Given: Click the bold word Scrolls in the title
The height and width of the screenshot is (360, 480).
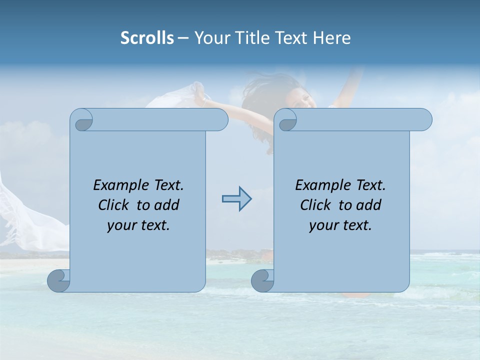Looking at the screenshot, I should (x=147, y=38).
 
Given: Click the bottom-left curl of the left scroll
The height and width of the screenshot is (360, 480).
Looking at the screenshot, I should (x=59, y=280).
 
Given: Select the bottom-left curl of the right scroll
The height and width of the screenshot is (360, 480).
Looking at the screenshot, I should (x=263, y=280).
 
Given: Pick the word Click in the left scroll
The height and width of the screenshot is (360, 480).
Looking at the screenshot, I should (x=114, y=205).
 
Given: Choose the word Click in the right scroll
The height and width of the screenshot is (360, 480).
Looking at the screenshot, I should (x=316, y=205).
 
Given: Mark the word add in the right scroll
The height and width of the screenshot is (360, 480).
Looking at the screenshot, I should (x=369, y=205).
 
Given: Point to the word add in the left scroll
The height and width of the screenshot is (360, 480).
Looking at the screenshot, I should (x=167, y=205).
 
